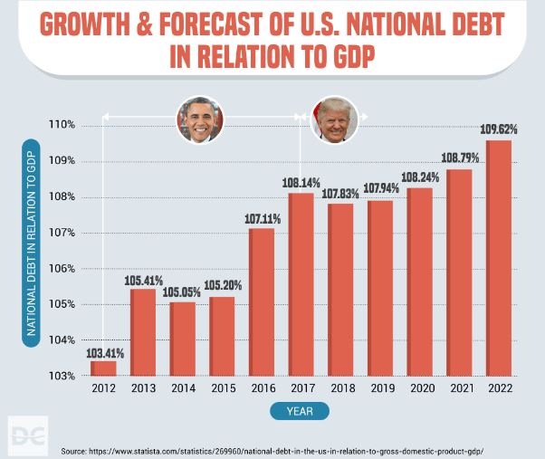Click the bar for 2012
point(103,368)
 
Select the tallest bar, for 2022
point(498,258)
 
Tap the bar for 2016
point(262,302)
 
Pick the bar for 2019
point(380,288)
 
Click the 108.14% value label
point(301,183)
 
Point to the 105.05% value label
point(182,292)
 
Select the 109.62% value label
point(498,129)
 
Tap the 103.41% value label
point(103,352)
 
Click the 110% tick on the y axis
point(62,125)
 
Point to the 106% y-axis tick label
point(62,269)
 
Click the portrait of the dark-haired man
point(198,120)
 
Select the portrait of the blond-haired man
point(334,120)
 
